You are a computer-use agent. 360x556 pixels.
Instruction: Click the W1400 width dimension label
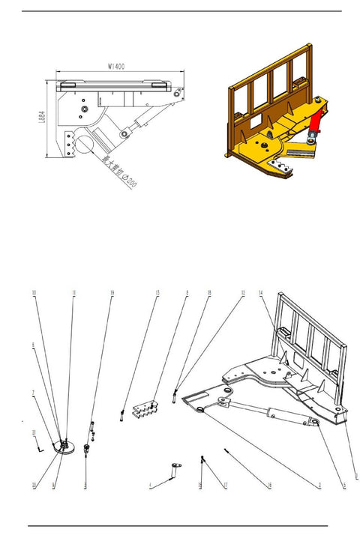[116, 66]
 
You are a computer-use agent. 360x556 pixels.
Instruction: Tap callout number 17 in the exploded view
[225, 486]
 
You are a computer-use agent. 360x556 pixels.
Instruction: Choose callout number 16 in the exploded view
[268, 486]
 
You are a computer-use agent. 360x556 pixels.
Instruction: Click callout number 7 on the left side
[34, 393]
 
